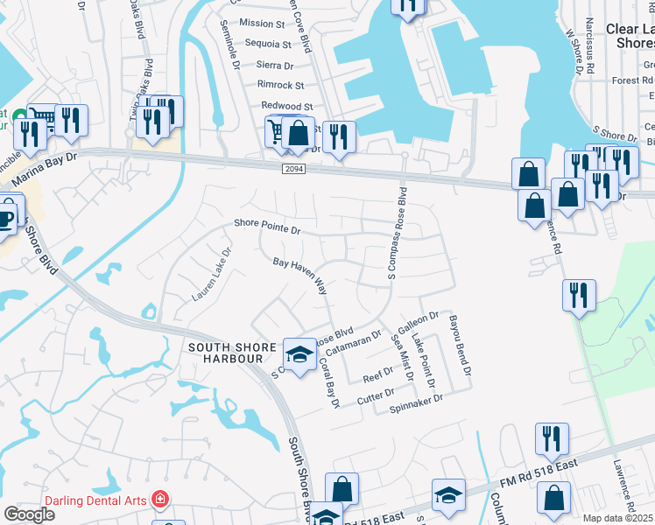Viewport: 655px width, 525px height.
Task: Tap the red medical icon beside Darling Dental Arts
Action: pyautogui.click(x=159, y=500)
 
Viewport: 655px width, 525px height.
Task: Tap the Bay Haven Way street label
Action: pyautogui.click(x=299, y=274)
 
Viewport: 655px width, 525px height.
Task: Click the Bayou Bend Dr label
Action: pyautogui.click(x=461, y=346)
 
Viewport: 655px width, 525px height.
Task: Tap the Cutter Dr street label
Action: pyautogui.click(x=377, y=398)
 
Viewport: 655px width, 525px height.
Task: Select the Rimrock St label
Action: pyautogui.click(x=280, y=85)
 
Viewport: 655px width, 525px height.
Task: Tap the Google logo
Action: pyautogui.click(x=29, y=514)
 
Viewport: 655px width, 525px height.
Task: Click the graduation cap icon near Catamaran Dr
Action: pyautogui.click(x=299, y=353)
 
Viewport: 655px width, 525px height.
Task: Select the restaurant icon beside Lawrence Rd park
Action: pyautogui.click(x=579, y=294)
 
